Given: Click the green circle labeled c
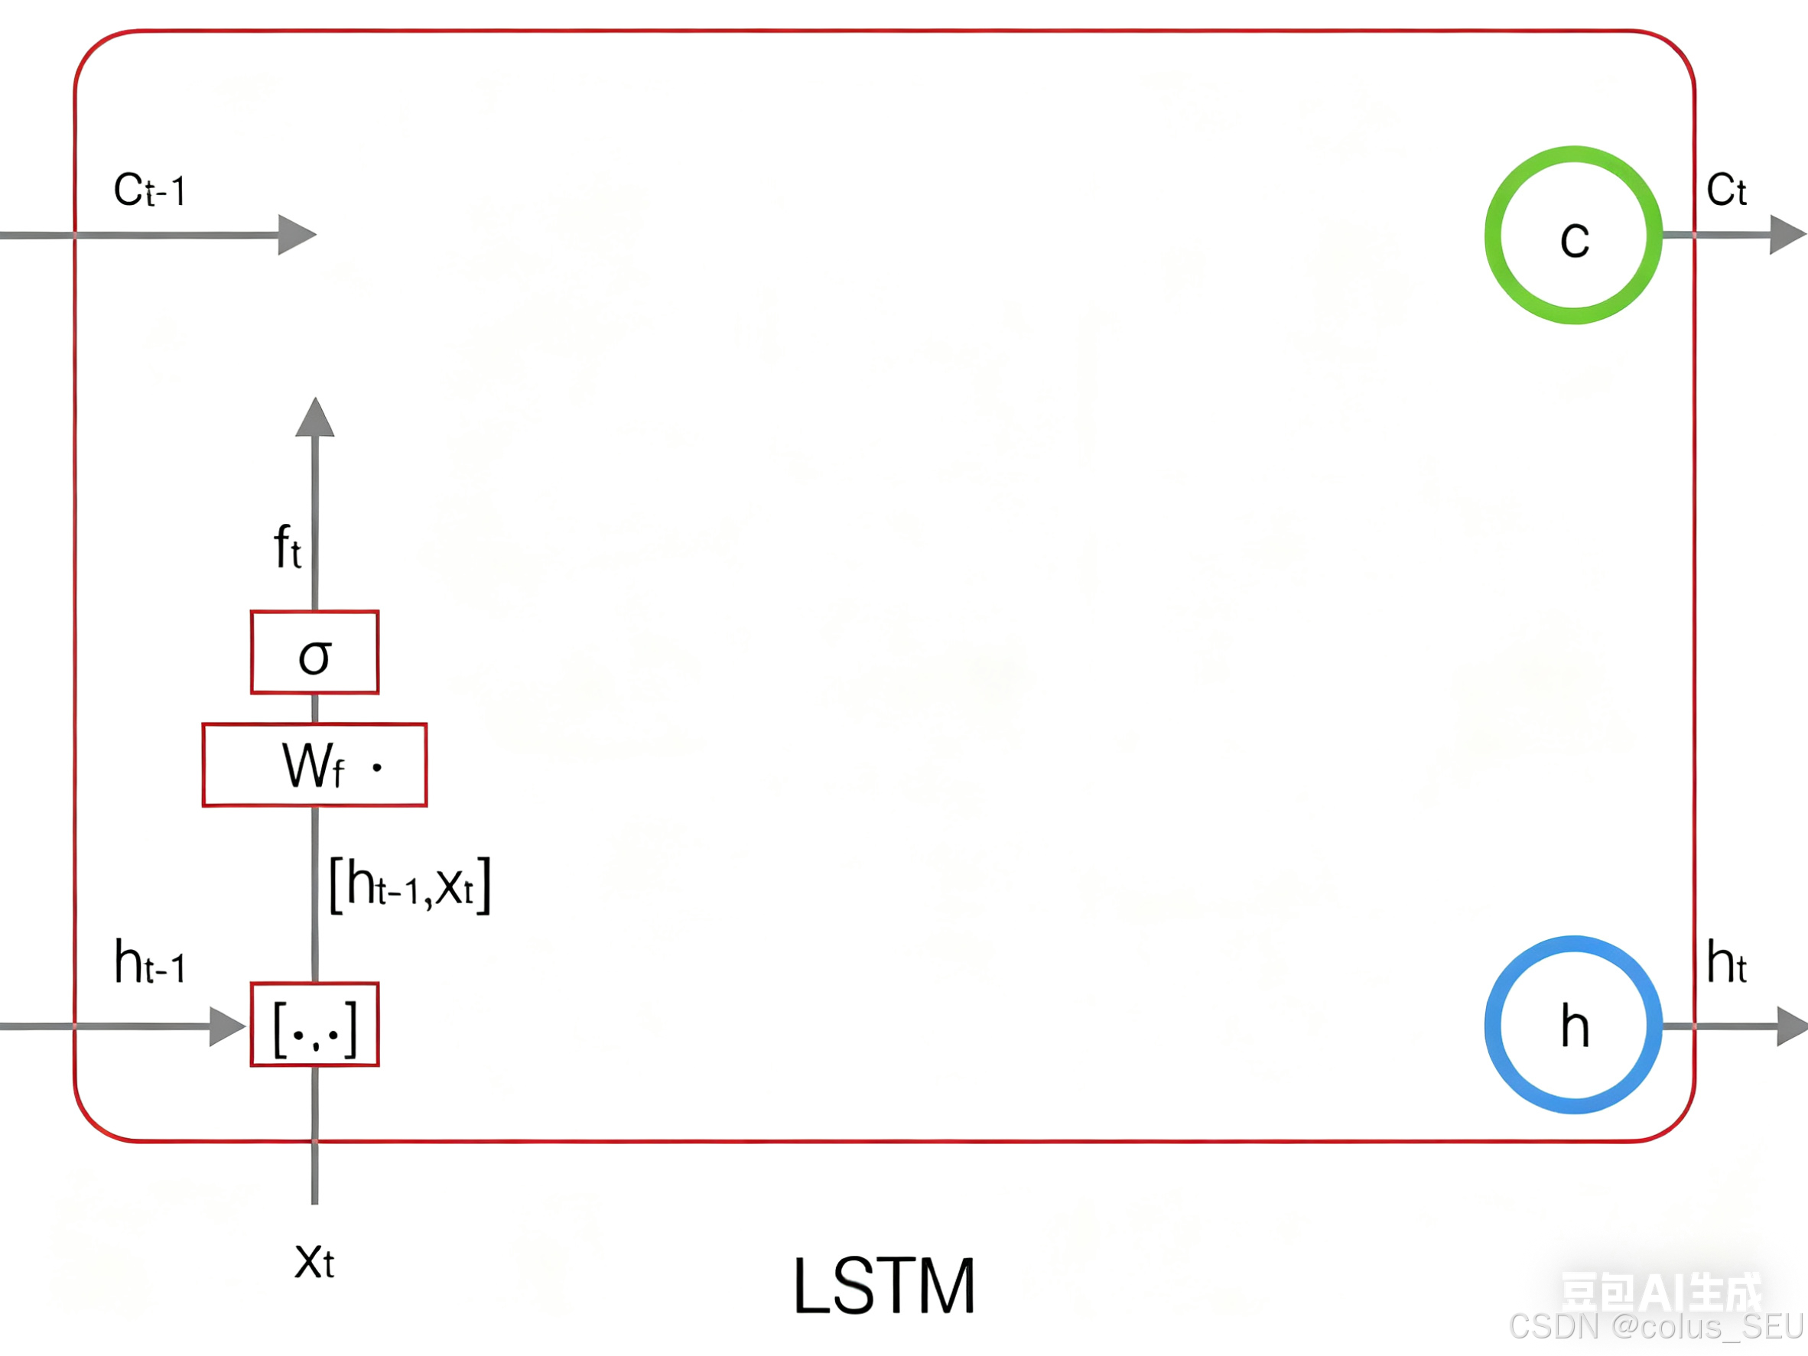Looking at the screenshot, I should [1572, 236].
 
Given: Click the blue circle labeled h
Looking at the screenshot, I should [1572, 1025].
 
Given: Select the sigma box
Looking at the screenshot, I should [314, 652].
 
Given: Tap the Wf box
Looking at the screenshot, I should [314, 765].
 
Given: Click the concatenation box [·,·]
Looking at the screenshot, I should [314, 1025].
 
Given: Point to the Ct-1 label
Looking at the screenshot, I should [150, 190].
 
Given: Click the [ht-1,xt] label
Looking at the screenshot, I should [408, 884].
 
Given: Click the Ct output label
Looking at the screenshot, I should [1726, 190].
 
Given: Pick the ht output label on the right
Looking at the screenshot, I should [1726, 963].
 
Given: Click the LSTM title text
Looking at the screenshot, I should [884, 1286].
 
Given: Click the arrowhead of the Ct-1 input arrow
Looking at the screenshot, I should [296, 236].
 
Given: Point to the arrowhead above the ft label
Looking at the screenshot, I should [314, 418].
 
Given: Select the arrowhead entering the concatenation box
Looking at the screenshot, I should [227, 1026].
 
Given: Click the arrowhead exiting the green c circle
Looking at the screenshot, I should [1787, 236].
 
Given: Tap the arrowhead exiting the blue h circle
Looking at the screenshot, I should [1793, 1026].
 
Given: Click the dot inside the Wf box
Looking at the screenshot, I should [377, 768].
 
